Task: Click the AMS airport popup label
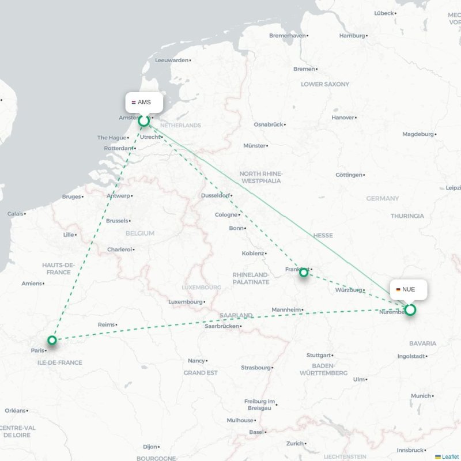[144, 102]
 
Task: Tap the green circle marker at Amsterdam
[144, 120]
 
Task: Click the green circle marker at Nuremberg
[410, 310]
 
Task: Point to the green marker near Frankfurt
[304, 273]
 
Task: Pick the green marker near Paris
[52, 340]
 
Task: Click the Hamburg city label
[352, 36]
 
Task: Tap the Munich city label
[421, 396]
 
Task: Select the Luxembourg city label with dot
[186, 301]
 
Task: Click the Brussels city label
[118, 221]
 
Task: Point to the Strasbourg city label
[255, 367]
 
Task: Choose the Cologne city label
[226, 215]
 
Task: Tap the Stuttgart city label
[319, 355]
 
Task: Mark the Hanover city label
[343, 118]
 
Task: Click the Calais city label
[16, 213]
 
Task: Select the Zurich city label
[295, 443]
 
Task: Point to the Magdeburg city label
[418, 134]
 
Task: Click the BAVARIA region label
[422, 343]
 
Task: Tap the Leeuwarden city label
[172, 60]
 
